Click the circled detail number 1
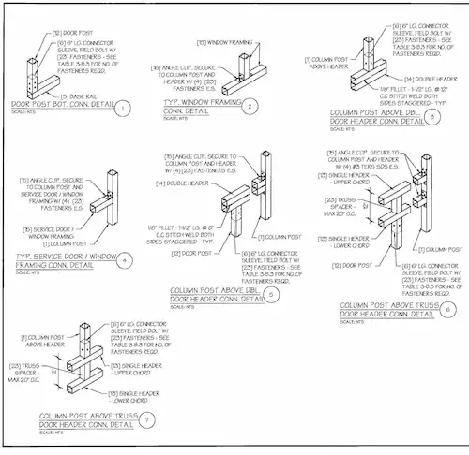(123, 110)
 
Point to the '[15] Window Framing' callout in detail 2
(217, 42)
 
